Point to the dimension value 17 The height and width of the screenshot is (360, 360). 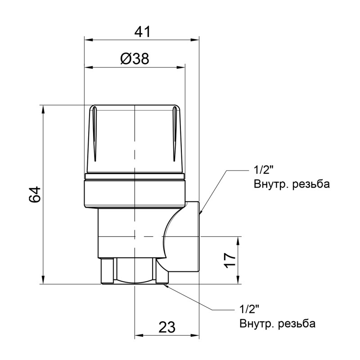(x=230, y=261)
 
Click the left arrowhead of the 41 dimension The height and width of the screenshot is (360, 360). (x=88, y=40)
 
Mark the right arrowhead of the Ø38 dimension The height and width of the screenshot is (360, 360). (x=181, y=67)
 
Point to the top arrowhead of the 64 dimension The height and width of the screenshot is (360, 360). (x=43, y=109)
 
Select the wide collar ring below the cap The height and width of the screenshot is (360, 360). (x=135, y=191)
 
